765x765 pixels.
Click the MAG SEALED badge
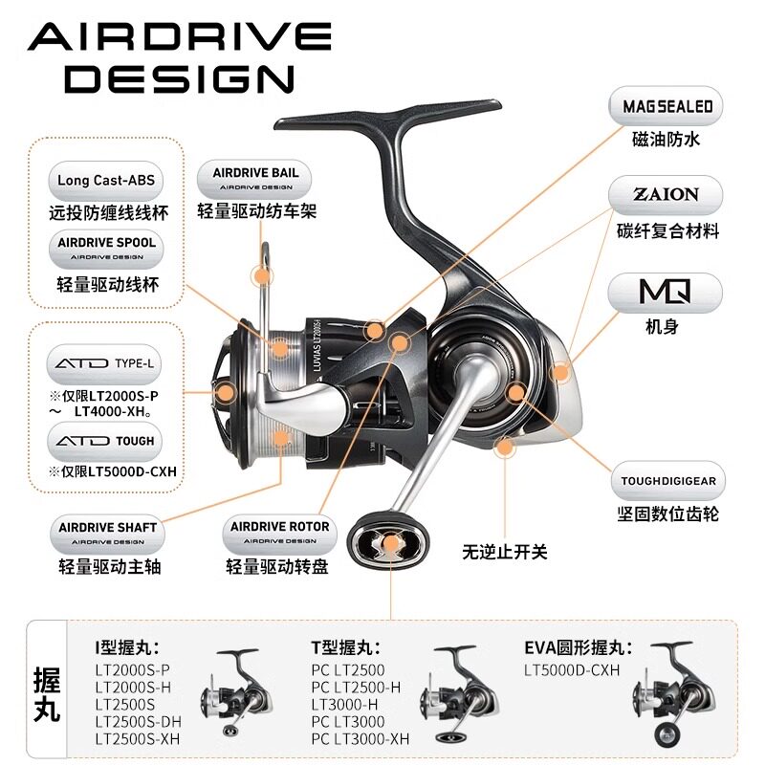pos(667,106)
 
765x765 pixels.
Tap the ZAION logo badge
pos(667,194)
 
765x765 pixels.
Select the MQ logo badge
pos(667,288)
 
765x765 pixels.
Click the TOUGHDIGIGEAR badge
pos(667,481)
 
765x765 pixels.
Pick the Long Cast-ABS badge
pos(105,180)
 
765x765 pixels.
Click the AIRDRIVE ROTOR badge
pos(280,532)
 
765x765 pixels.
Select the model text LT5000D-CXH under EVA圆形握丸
pos(572,670)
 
